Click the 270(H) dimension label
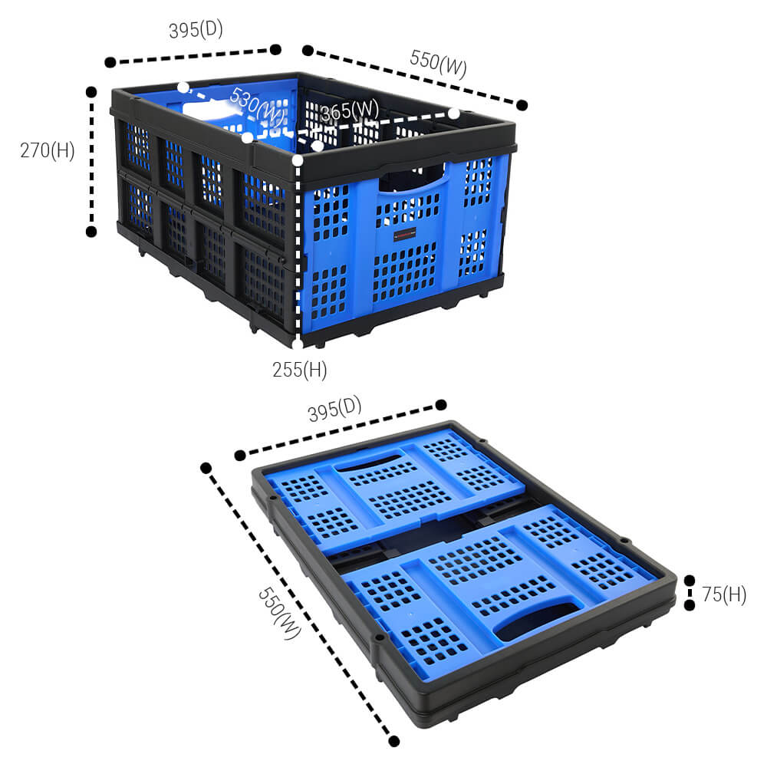[48, 150]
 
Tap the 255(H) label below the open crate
[299, 370]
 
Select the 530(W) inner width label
[256, 106]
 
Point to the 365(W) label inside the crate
[349, 112]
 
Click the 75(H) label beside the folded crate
[723, 594]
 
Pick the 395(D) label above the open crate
[196, 30]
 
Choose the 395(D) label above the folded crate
[334, 410]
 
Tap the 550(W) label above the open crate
[438, 64]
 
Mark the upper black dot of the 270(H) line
[91, 91]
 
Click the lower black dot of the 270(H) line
[91, 231]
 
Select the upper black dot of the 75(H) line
[689, 581]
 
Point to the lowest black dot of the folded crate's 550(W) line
[394, 741]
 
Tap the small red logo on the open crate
[403, 237]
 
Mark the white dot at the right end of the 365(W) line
[454, 114]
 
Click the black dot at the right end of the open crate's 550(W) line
[522, 105]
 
